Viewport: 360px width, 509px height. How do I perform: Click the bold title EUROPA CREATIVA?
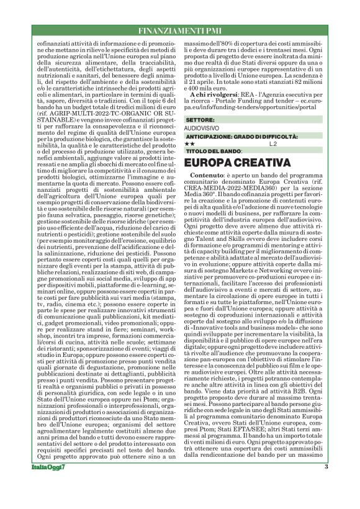pos(238,163)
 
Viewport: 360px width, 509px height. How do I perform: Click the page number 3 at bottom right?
pos(326,485)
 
